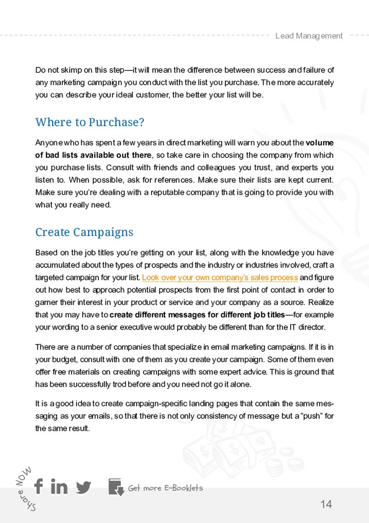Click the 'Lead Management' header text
coord(309,36)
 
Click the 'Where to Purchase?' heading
coord(90,122)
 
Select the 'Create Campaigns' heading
coord(84,232)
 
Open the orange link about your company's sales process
coord(220,277)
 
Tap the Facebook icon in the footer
coord(38,486)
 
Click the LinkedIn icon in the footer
coord(59,486)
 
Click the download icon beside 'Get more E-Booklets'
coord(116,487)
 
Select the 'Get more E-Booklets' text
coord(165,488)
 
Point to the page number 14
coord(326,504)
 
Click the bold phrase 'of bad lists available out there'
coord(94,155)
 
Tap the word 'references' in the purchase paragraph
coord(175,180)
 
